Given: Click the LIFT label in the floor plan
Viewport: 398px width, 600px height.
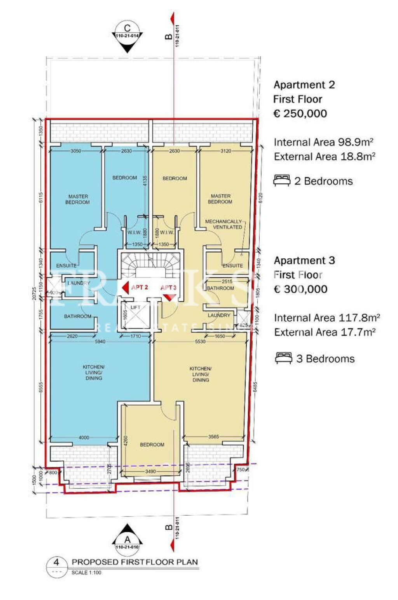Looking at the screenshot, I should [x=135, y=307].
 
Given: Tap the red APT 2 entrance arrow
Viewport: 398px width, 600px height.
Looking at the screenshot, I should [x=125, y=288].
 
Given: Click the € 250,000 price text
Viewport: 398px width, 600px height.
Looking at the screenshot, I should [x=300, y=113].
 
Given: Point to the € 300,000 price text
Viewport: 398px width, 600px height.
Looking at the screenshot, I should [x=300, y=289].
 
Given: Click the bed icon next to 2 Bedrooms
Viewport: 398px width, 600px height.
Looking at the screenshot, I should [x=281, y=181].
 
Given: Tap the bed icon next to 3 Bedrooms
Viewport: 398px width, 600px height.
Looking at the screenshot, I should [x=283, y=358].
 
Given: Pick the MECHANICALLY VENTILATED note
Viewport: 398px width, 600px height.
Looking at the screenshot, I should [x=223, y=224].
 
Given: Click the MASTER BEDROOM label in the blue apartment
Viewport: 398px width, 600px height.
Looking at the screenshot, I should [x=78, y=199].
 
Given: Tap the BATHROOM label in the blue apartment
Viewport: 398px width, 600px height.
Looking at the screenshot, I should [x=77, y=316].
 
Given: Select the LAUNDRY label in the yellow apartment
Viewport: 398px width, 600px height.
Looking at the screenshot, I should [x=219, y=315].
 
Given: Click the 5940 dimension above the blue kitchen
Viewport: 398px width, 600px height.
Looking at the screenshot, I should [x=100, y=342].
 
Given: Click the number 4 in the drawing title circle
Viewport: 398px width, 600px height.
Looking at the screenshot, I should [x=57, y=562].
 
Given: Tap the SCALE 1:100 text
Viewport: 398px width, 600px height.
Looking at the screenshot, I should [x=86, y=572].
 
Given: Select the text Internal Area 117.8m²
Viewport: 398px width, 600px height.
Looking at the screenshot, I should [x=327, y=318].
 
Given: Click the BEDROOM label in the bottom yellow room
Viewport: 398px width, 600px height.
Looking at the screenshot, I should [x=152, y=445].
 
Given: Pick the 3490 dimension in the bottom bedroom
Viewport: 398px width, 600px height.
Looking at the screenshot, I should [x=150, y=471].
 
